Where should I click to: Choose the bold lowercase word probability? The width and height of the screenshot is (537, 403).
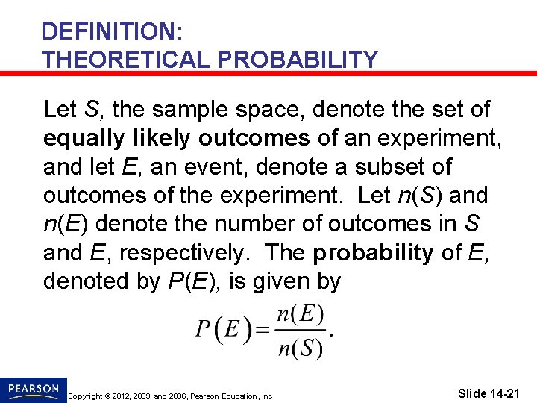coord(372,254)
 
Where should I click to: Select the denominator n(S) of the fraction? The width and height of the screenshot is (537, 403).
coord(299,347)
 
